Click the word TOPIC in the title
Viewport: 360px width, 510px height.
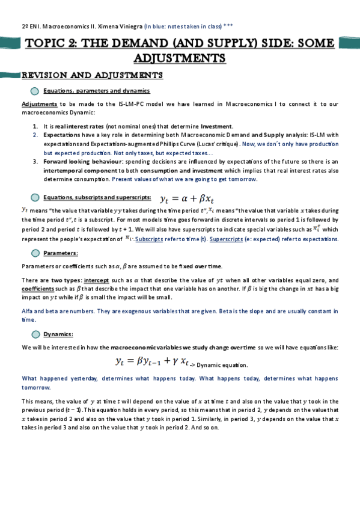tap(47, 43)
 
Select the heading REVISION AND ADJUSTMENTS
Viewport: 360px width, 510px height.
tap(92, 76)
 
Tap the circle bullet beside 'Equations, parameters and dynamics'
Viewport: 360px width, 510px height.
tap(35, 91)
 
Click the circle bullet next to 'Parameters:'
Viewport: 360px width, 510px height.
tap(35, 253)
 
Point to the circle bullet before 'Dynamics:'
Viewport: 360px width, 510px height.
tap(35, 334)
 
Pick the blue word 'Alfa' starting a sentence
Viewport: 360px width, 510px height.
tap(28, 312)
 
